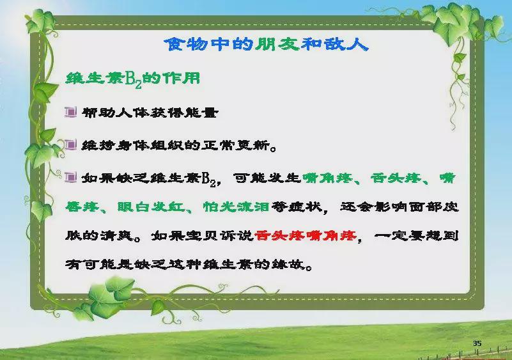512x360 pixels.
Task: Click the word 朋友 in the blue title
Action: coord(277,43)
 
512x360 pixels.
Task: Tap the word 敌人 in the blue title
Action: coord(346,43)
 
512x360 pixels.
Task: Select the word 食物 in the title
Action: coord(185,43)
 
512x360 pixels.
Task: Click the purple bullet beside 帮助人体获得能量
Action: coord(70,112)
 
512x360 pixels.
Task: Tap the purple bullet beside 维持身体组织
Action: coord(70,145)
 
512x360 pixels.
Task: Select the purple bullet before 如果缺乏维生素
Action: coord(70,177)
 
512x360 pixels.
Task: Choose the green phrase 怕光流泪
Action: coord(236,207)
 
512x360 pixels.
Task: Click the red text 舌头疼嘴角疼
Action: coord(306,235)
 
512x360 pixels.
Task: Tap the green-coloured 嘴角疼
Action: coord(327,178)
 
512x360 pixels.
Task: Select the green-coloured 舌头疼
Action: coord(396,178)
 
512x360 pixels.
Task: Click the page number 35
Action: coord(477,343)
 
